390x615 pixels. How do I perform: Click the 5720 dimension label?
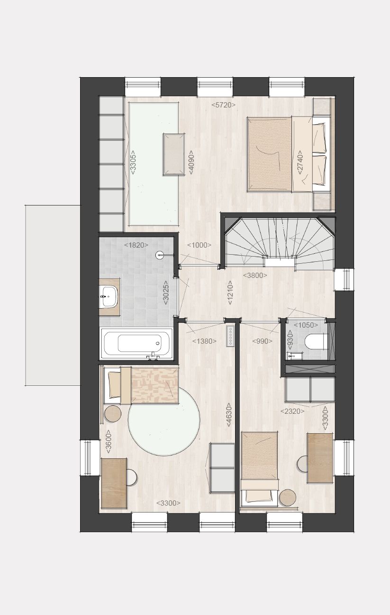(223, 105)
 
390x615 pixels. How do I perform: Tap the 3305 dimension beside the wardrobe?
(133, 162)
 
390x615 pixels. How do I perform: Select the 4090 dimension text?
(191, 162)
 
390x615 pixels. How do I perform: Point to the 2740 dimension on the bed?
(299, 162)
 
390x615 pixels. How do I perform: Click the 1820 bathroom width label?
(136, 245)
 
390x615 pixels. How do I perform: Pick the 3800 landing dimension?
(255, 275)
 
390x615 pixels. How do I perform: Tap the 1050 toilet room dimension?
(306, 325)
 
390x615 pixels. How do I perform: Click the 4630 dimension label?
(229, 415)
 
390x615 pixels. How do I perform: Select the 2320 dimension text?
(292, 411)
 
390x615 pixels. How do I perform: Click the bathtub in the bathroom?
(136, 343)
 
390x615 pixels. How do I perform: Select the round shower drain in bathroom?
(160, 255)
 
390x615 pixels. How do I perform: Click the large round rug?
(164, 419)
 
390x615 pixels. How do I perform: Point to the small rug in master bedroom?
(174, 154)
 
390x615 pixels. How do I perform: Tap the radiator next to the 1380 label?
(230, 336)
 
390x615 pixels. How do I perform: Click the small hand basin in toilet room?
(292, 356)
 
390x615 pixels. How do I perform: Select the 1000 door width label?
(199, 245)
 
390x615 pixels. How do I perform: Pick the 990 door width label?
(263, 341)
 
